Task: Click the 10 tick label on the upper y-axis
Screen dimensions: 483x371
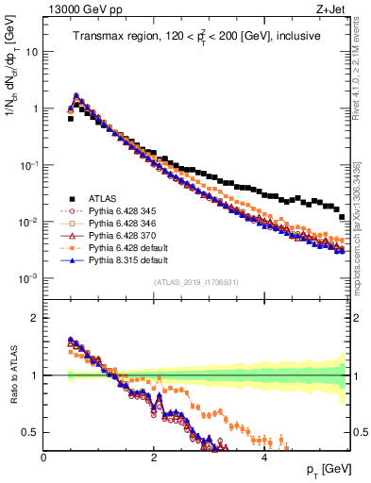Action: click(30, 52)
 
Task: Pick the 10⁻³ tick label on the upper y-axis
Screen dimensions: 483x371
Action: click(28, 279)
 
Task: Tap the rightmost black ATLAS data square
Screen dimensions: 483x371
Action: click(342, 217)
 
